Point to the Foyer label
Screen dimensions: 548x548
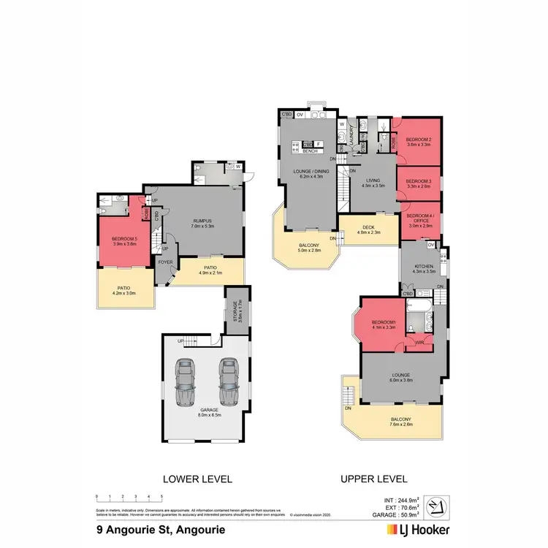pyautogui.click(x=166, y=262)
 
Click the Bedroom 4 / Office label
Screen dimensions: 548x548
pyautogui.click(x=419, y=220)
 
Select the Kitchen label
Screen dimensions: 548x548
pyautogui.click(x=422, y=268)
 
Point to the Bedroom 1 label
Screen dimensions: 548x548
pyautogui.click(x=383, y=324)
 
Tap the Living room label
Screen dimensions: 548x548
pyautogui.click(x=373, y=182)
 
